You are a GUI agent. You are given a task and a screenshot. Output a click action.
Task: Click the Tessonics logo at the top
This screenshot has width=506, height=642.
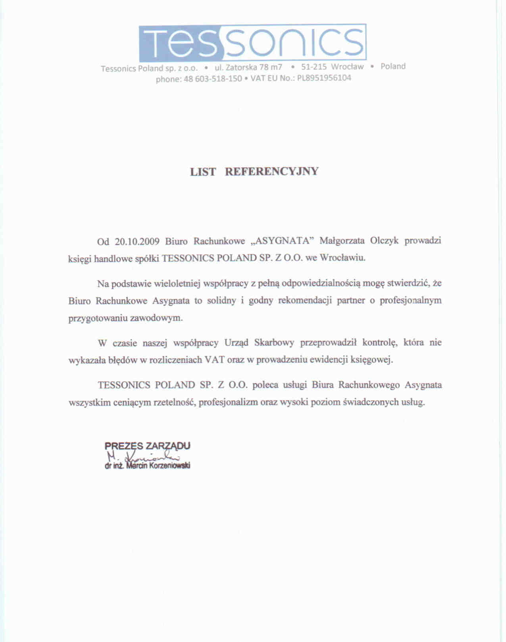(252, 42)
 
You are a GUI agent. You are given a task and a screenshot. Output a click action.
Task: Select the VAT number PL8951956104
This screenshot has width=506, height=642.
(324, 78)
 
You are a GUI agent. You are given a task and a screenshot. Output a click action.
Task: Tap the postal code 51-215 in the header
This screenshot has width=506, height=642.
(314, 67)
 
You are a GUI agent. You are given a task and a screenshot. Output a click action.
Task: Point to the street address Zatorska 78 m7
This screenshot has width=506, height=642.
(254, 67)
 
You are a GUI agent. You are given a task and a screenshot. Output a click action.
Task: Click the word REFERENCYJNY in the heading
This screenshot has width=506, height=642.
(272, 172)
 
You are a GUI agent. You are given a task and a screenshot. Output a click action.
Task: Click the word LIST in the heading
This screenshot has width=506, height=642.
(203, 172)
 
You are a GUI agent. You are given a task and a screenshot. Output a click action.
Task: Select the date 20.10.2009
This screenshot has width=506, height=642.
(137, 241)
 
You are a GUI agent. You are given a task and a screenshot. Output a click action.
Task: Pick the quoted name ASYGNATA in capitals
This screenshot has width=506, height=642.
(283, 241)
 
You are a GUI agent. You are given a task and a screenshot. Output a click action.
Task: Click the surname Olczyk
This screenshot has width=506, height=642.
(384, 241)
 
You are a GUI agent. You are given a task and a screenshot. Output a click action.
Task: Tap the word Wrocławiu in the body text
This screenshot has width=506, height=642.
(342, 258)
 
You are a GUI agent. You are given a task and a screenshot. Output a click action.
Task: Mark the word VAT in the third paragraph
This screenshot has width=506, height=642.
(214, 360)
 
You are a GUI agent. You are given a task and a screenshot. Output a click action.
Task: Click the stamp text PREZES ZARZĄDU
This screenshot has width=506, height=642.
(147, 446)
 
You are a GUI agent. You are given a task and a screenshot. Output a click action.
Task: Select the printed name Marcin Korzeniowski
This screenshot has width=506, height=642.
(158, 466)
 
